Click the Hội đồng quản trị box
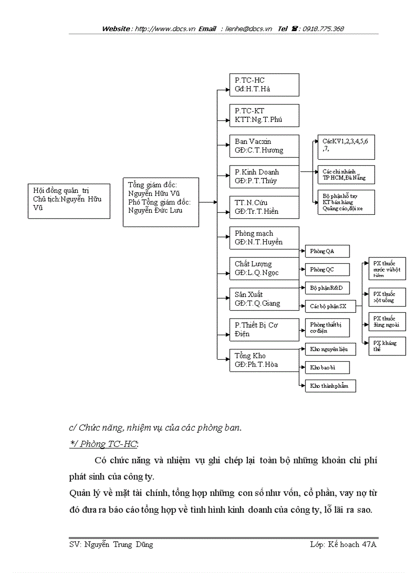(x=68, y=201)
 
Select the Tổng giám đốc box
(x=160, y=202)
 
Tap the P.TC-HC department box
(x=264, y=85)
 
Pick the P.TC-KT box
(x=264, y=115)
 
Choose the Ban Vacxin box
(x=264, y=146)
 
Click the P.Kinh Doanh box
(x=264, y=177)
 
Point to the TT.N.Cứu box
(x=264, y=207)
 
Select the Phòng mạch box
(x=264, y=238)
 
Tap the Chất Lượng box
(x=264, y=268)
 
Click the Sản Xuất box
(x=264, y=299)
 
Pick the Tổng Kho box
(x=264, y=360)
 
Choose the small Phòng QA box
(x=327, y=251)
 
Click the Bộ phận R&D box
(x=327, y=288)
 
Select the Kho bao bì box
(x=327, y=367)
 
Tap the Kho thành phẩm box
(x=330, y=386)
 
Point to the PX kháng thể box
(x=387, y=346)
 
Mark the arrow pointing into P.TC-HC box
(x=224, y=90)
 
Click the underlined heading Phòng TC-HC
(x=104, y=443)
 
